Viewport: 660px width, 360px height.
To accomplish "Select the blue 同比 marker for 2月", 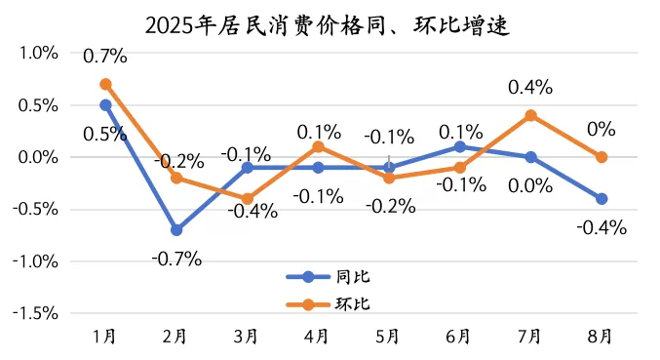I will click(176, 230).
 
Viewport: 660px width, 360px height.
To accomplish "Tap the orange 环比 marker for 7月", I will click(530, 115).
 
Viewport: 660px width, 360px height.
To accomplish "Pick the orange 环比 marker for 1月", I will click(105, 84).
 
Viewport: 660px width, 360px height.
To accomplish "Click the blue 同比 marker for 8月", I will click(602, 199).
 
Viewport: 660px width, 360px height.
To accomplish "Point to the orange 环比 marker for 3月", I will click(247, 199).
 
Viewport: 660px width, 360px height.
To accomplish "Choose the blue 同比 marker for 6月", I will click(459, 146).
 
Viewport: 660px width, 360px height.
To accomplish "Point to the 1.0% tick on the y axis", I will click(38, 53).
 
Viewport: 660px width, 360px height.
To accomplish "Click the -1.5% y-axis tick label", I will click(35, 313).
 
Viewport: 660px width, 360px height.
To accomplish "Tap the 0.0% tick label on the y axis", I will click(38, 157).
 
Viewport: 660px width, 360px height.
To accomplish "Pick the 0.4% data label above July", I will click(530, 88).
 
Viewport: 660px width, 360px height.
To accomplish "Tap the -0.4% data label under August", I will click(602, 228).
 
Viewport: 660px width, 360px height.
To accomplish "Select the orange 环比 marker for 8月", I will click(602, 157).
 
